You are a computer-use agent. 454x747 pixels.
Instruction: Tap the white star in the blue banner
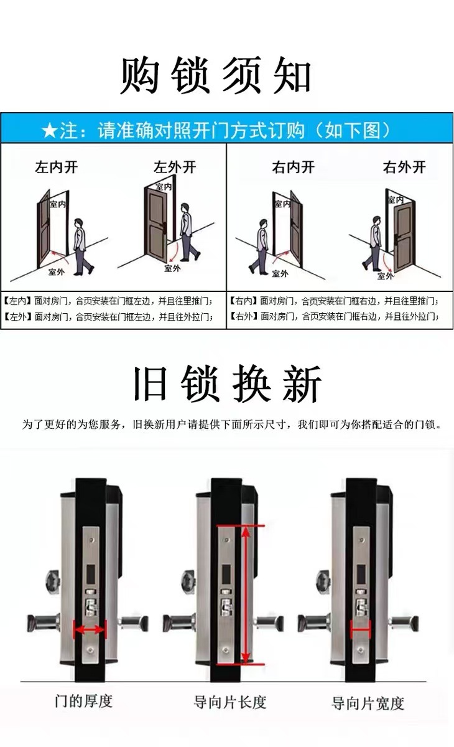(50, 130)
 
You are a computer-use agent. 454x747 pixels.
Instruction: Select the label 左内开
(57, 167)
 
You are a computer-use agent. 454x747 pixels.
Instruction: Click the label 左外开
(175, 167)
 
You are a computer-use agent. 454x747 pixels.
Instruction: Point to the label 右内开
(293, 167)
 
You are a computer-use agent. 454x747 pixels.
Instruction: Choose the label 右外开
(404, 167)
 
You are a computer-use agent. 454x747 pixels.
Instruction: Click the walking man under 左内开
(82, 247)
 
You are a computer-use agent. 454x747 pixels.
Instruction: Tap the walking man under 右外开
(373, 243)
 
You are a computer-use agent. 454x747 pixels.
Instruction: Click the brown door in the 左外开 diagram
(156, 225)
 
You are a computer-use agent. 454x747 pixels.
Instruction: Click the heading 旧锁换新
(228, 383)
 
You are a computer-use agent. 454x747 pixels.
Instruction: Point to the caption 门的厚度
(83, 701)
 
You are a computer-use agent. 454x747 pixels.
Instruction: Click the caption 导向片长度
(230, 702)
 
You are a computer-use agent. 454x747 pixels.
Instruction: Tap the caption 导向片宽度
(368, 702)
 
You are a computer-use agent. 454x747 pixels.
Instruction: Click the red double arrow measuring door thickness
(90, 629)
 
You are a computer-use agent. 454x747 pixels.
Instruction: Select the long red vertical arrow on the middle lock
(246, 594)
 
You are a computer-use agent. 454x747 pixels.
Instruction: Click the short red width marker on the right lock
(361, 629)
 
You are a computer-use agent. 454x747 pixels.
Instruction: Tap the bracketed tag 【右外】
(244, 316)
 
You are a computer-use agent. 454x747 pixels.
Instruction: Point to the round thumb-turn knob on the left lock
(53, 582)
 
